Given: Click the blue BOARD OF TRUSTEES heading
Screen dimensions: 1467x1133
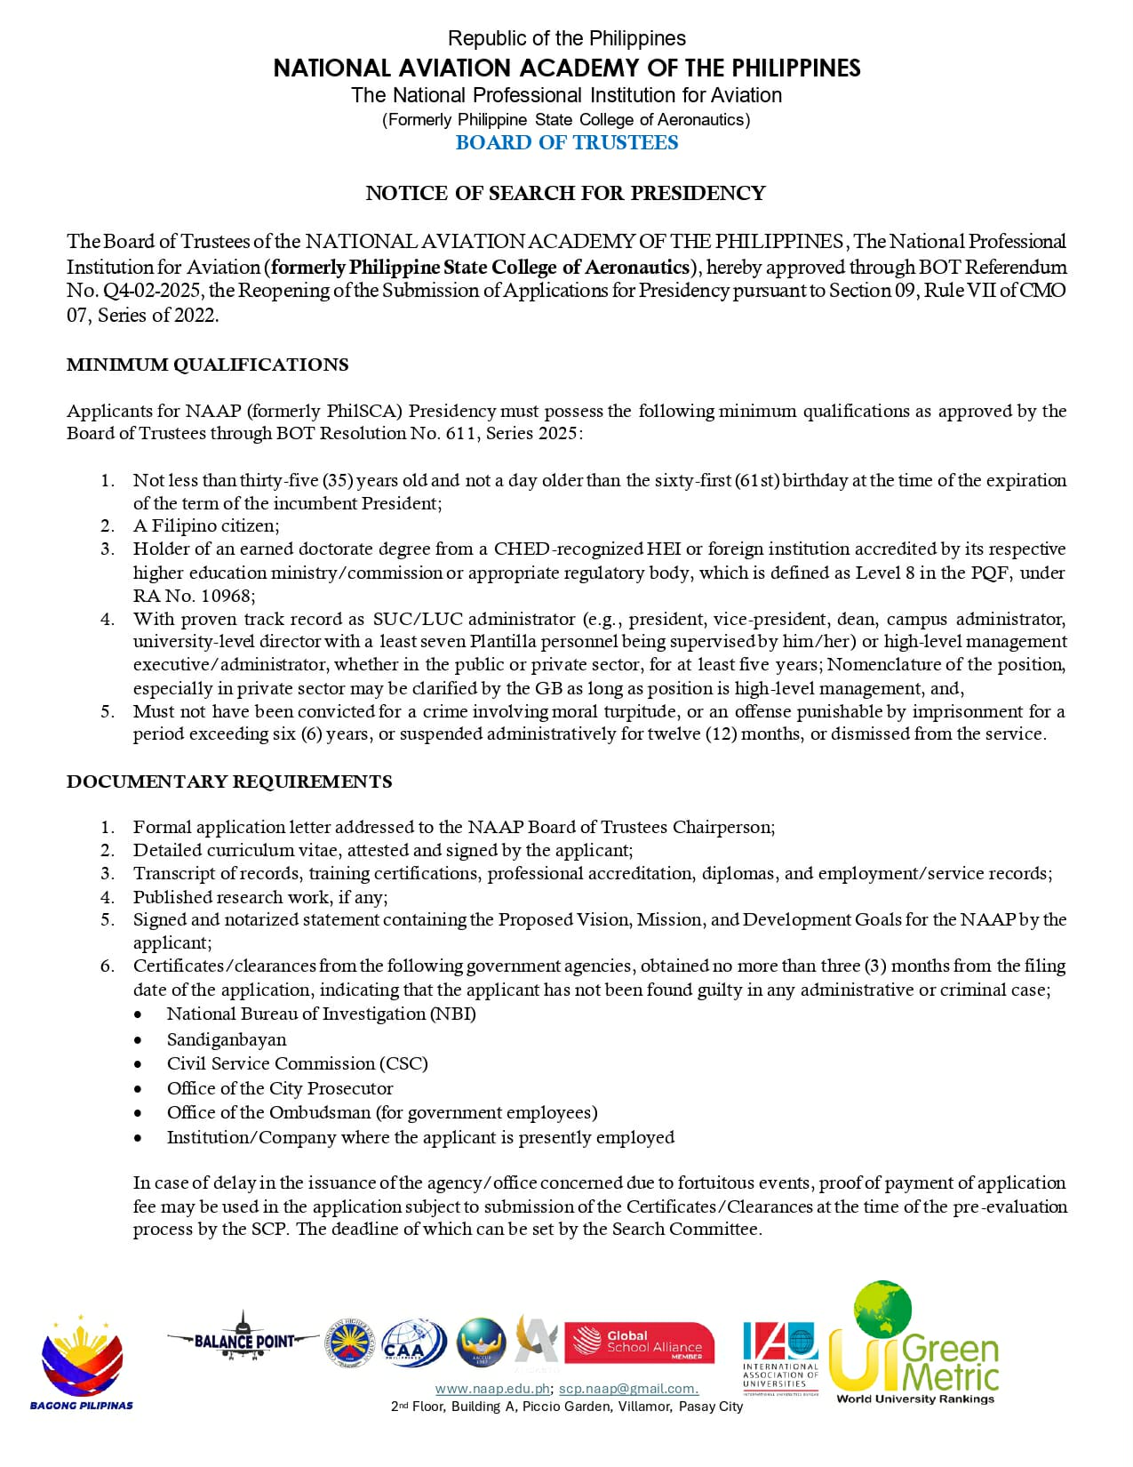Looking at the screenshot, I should pos(566,143).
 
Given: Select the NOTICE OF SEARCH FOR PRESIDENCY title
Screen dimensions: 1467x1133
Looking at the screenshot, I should pos(565,193).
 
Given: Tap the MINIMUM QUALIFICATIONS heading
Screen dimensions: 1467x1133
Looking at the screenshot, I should pos(207,365).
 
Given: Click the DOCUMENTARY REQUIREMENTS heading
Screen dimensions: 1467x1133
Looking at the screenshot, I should pos(229,782).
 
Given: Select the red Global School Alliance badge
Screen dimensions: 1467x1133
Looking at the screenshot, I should pos(639,1343).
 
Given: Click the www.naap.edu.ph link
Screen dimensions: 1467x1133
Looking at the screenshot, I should pos(492,1389).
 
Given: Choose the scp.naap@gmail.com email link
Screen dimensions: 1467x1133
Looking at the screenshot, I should pos(628,1389).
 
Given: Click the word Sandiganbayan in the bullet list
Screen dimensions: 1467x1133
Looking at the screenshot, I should pos(227,1039).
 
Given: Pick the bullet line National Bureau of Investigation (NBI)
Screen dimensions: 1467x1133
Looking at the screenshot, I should pos(321,1014).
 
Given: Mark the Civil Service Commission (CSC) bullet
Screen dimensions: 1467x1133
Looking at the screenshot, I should pos(297,1063).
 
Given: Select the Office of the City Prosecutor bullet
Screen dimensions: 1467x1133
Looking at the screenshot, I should pos(279,1088).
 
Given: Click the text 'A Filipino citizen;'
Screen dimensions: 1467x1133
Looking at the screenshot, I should pos(206,525).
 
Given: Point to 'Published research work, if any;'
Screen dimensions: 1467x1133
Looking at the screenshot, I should pos(260,897).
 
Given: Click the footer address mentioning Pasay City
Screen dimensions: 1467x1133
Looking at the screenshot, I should pos(566,1407).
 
